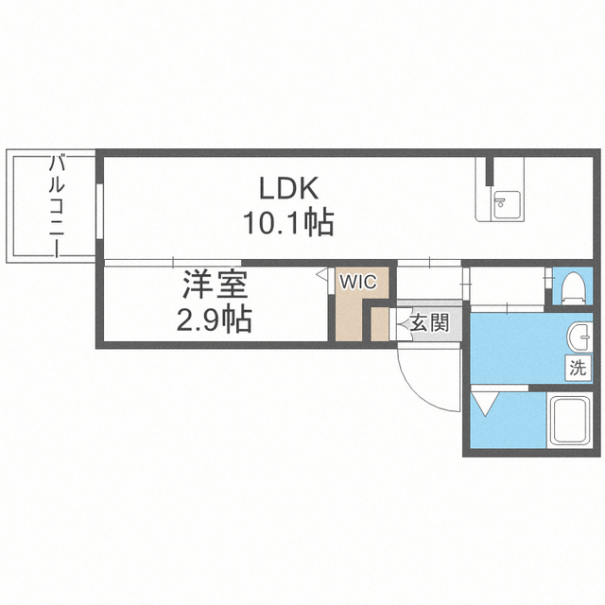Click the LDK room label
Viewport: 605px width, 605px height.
tap(289, 189)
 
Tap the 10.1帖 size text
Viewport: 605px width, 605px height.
tap(288, 222)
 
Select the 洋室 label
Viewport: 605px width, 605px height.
tap(215, 285)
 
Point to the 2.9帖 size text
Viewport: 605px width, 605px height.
tap(215, 319)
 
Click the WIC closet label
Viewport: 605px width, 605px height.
tap(358, 282)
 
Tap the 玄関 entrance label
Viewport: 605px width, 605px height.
tap(429, 322)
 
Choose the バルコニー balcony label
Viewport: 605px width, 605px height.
tap(57, 206)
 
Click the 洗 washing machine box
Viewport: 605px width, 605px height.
tap(578, 368)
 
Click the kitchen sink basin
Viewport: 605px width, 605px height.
tap(507, 205)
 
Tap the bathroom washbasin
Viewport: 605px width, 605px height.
tap(579, 337)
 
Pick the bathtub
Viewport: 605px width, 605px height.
tap(570, 421)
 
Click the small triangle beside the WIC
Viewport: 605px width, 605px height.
tap(321, 274)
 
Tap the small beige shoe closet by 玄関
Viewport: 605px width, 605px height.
tap(379, 324)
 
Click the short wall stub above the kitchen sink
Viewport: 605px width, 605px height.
tap(490, 171)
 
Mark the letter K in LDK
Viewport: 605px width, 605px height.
tap(307, 189)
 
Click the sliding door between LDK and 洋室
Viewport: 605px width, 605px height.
tap(173, 263)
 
